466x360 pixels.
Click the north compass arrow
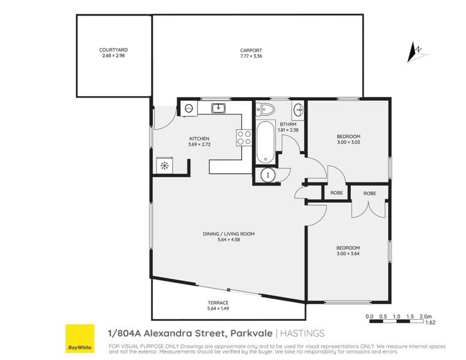[413, 53]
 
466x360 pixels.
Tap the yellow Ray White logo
[80, 338]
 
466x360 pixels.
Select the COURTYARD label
[113, 50]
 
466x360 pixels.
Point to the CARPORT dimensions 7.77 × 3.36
[251, 56]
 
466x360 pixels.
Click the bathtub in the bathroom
[266, 142]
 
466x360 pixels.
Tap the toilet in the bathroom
[265, 109]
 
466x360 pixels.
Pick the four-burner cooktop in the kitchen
[244, 138]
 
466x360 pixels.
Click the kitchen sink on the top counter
[219, 108]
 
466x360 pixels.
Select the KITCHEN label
[200, 139]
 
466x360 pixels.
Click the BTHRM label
[288, 124]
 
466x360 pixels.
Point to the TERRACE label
[218, 302]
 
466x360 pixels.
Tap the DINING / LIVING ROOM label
[229, 234]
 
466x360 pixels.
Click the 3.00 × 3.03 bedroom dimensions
[348, 142]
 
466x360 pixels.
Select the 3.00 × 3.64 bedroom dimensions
[348, 254]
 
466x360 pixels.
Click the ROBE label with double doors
[369, 194]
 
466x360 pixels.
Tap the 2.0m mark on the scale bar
[426, 317]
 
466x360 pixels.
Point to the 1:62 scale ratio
[431, 323]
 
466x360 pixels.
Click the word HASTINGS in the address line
[302, 333]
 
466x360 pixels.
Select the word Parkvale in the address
[252, 333]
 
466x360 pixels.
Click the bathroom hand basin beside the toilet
[298, 110]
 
